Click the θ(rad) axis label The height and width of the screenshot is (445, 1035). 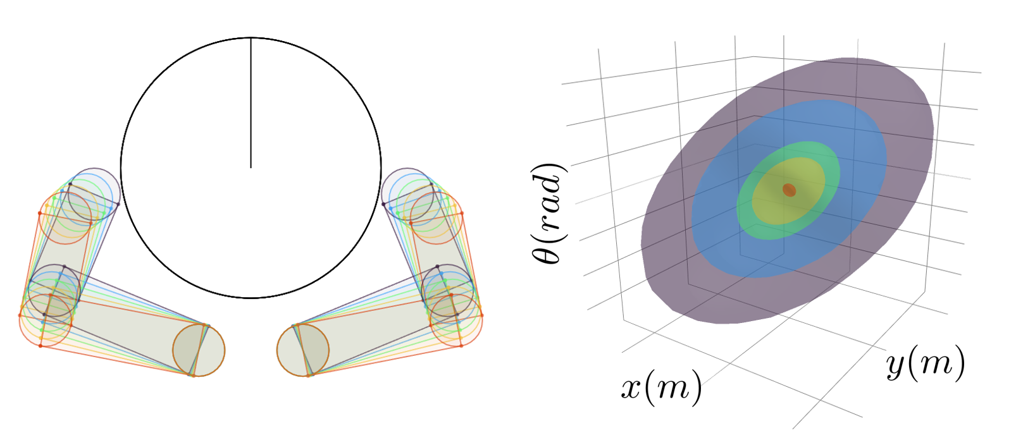pos(550,213)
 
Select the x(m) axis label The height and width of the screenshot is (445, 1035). pos(661,387)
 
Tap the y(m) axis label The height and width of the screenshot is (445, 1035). pos(926,363)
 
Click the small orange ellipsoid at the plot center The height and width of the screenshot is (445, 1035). pos(789,190)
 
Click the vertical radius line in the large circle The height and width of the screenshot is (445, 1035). pos(251,102)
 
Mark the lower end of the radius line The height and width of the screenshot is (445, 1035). pos(251,168)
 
